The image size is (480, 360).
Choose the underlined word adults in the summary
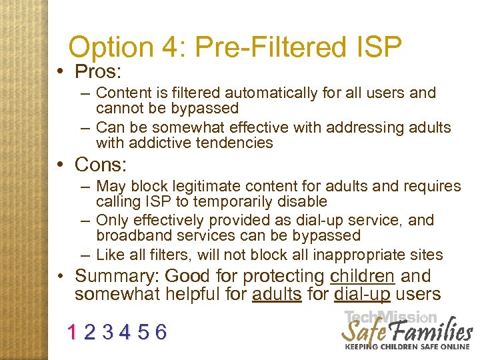coord(277,294)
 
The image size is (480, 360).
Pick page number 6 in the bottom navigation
coord(161,331)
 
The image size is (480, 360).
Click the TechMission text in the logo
coord(391,318)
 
